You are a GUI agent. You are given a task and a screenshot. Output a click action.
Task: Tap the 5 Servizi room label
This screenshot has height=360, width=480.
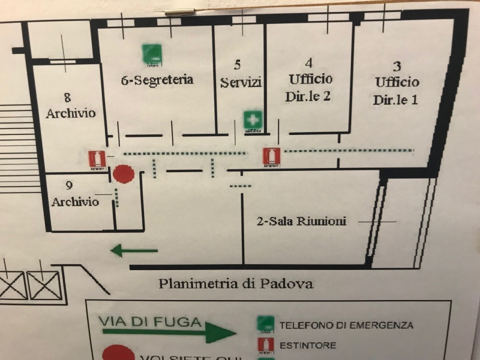pyautogui.click(x=241, y=74)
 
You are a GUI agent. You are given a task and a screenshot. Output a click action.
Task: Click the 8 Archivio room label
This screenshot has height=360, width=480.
pyautogui.click(x=70, y=105)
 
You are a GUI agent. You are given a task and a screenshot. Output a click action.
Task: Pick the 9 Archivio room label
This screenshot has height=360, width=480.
pyautogui.click(x=74, y=194)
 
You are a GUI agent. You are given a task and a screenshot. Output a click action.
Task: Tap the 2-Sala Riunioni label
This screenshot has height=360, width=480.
pyautogui.click(x=301, y=221)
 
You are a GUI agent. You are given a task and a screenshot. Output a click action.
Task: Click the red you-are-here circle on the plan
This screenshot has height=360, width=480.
pyautogui.click(x=124, y=175)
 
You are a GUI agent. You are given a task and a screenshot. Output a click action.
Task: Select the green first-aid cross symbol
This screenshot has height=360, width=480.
pyautogui.click(x=252, y=120)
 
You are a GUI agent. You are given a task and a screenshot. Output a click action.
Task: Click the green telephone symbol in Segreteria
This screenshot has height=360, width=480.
pyautogui.click(x=151, y=55)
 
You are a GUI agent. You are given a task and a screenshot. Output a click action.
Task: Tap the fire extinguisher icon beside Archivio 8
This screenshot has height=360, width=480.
pyautogui.click(x=97, y=159)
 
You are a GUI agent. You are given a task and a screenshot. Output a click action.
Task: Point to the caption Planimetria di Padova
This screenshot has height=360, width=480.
pyautogui.click(x=236, y=284)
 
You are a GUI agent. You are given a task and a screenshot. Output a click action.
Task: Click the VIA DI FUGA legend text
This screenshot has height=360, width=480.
pyautogui.click(x=151, y=322)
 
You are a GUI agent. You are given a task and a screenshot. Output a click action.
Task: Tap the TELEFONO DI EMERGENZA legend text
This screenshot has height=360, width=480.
pyautogui.click(x=347, y=325)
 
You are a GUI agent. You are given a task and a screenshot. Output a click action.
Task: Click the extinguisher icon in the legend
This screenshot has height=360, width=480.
pyautogui.click(x=265, y=345)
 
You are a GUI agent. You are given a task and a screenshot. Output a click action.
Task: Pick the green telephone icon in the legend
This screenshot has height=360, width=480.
pyautogui.click(x=265, y=325)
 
